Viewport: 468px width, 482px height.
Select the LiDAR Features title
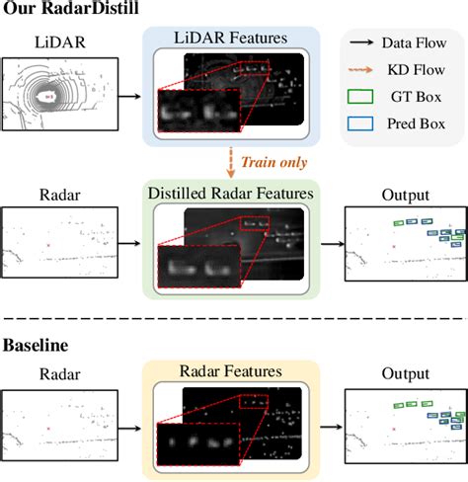[x=231, y=38]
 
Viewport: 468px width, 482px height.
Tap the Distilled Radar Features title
[x=229, y=192]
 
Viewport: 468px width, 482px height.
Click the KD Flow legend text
[x=415, y=71]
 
